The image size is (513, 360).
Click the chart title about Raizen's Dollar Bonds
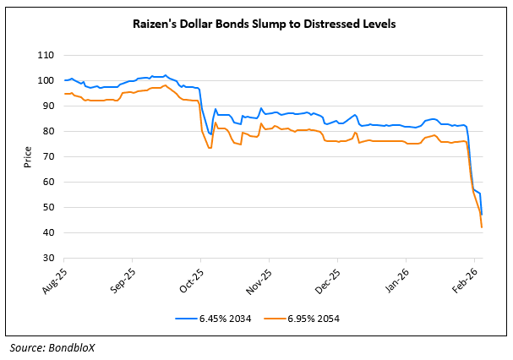(x=257, y=24)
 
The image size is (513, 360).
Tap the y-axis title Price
(x=27, y=156)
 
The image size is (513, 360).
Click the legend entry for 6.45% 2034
(x=220, y=318)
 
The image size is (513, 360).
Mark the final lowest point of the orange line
(x=482, y=227)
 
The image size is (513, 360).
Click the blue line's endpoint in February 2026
(x=482, y=215)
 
